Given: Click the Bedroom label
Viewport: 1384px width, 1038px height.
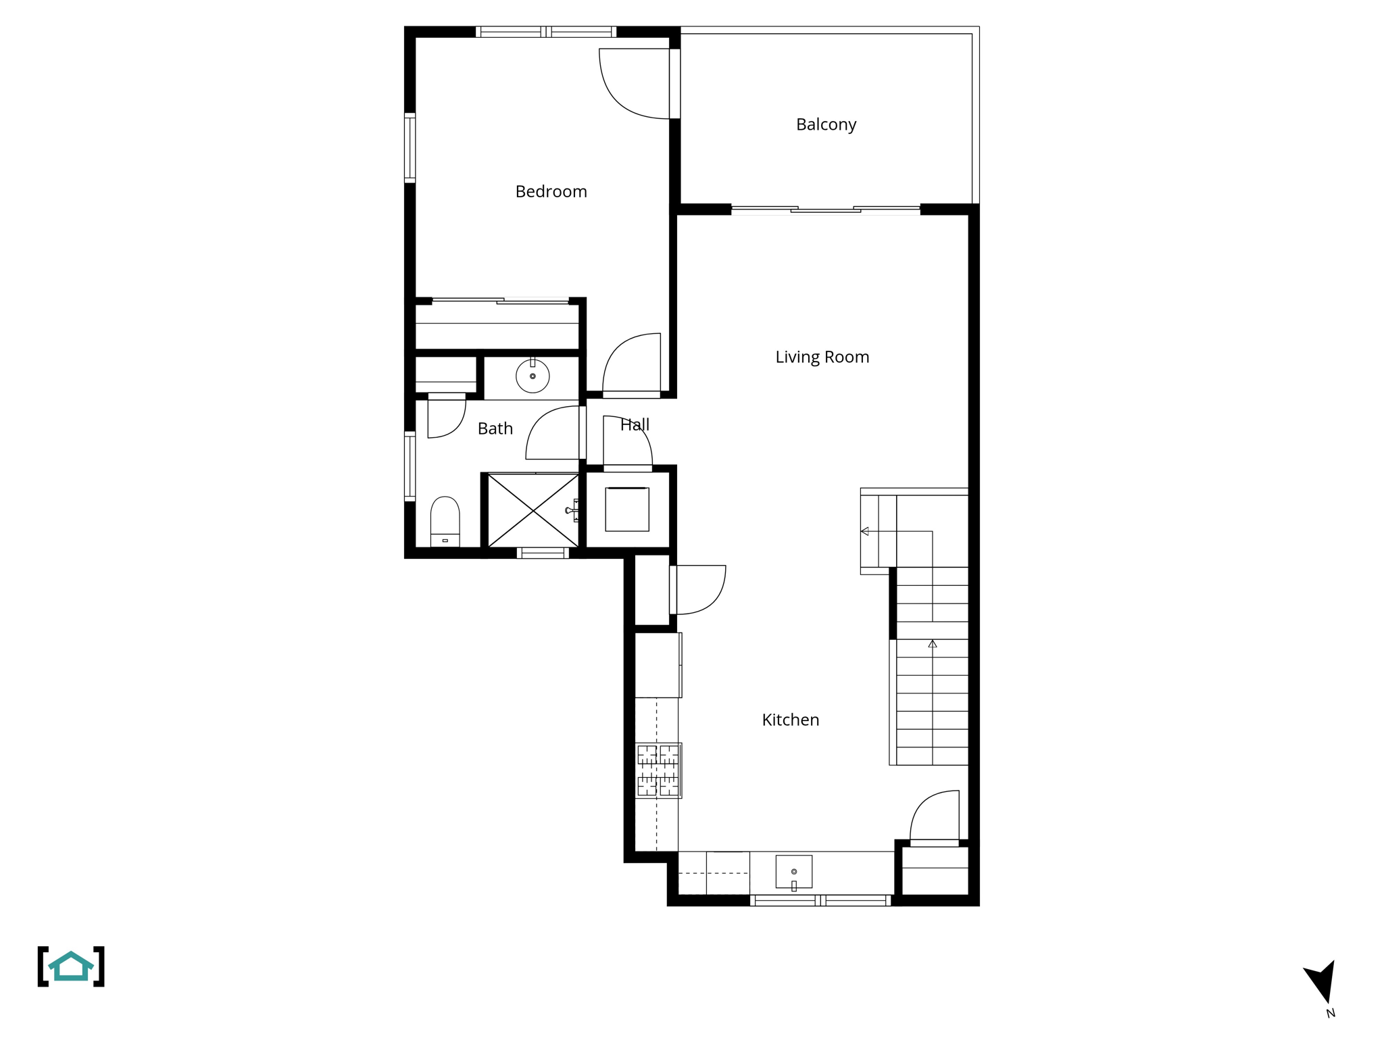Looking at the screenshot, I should click(x=551, y=192).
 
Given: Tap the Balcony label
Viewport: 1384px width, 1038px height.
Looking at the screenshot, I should click(x=826, y=125).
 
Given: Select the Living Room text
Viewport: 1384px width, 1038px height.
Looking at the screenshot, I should click(x=822, y=357).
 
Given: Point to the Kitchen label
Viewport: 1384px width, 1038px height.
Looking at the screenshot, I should click(x=790, y=720).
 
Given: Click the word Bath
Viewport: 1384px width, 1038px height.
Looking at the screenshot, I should click(x=495, y=428).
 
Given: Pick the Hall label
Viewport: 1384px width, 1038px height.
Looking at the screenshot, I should click(x=635, y=425).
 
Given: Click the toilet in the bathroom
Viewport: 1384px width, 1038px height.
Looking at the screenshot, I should click(x=445, y=521).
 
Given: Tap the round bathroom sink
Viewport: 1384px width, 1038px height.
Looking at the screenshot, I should click(x=533, y=376).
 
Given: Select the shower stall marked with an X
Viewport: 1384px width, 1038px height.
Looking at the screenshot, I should click(x=533, y=510).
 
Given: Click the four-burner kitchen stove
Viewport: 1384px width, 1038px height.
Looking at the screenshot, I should click(x=658, y=770).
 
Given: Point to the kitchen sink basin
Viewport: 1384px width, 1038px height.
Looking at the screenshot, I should click(x=793, y=872).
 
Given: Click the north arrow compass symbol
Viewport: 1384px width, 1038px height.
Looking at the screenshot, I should click(x=1322, y=983).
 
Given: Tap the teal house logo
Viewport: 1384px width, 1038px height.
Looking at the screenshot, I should click(x=71, y=966).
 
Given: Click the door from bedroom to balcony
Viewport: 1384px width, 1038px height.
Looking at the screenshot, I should click(x=635, y=84).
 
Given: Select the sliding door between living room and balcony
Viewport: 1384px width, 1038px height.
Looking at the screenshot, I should click(x=826, y=210).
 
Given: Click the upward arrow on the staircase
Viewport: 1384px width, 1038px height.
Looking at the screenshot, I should click(x=933, y=644).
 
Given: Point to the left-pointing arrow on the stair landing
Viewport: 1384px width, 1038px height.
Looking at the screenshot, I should click(x=865, y=531).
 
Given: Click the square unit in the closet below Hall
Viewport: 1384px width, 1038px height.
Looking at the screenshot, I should click(x=627, y=509).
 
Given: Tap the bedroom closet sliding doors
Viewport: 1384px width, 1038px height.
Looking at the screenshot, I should click(x=501, y=301).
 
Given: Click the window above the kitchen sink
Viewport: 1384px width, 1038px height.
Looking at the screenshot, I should click(x=820, y=900).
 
